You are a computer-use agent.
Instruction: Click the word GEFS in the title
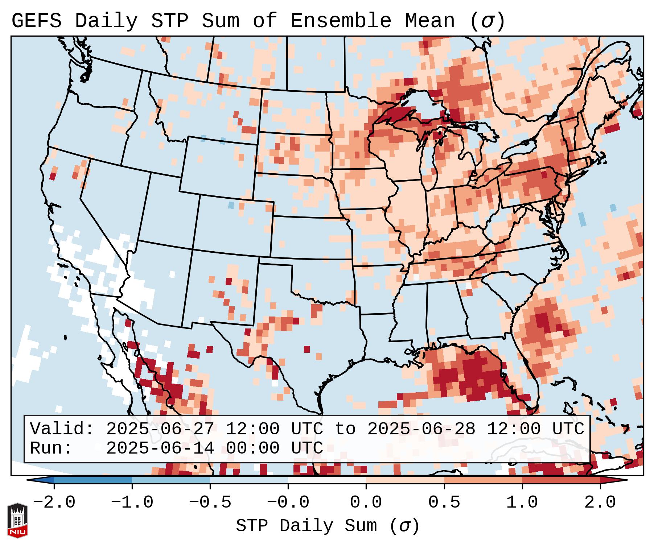pos(36,21)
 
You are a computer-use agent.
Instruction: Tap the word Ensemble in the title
pos(341,21)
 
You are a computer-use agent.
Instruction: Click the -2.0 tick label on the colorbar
pos(54,503)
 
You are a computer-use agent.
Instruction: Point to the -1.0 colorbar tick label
pos(132,503)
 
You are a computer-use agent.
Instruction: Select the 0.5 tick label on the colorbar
pos(444,503)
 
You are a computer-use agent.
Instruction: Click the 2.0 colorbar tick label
pos(600,503)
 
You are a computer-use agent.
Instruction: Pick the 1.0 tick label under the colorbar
pos(522,503)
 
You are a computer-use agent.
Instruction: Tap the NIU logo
pos(17,520)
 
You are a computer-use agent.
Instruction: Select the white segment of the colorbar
pos(327,480)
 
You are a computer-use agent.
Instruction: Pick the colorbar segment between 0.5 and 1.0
pos(483,480)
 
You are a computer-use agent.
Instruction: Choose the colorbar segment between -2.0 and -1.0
pos(93,480)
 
